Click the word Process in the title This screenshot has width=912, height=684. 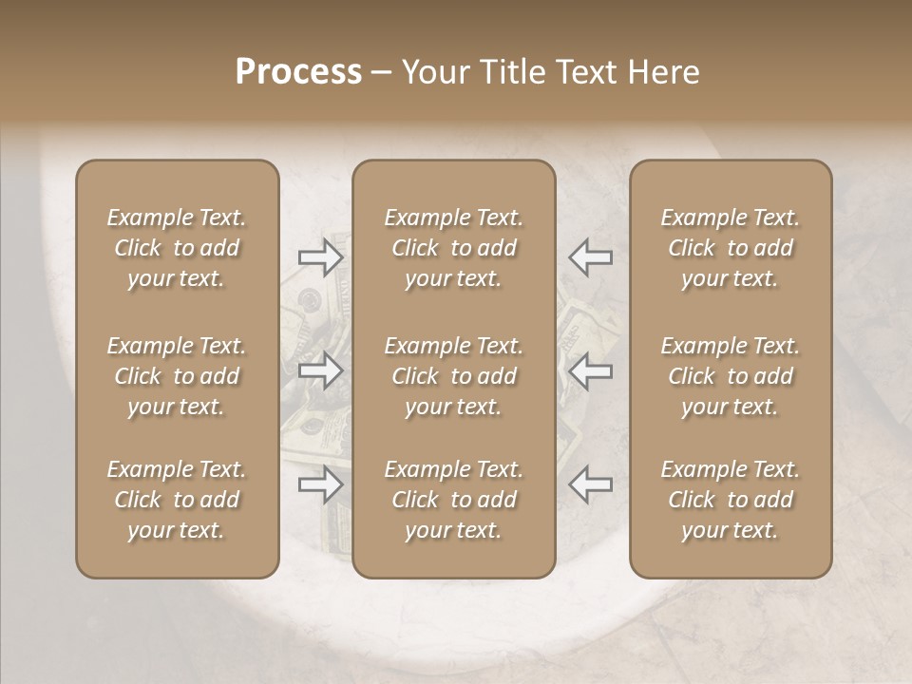298,72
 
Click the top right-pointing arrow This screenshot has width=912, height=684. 320,257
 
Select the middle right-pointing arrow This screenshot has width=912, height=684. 320,370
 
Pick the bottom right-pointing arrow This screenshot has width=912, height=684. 320,485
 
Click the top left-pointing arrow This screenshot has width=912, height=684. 590,257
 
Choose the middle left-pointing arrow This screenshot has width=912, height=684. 590,370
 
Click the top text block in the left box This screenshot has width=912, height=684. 177,248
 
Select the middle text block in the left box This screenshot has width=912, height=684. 177,376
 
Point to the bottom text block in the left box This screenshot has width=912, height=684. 177,500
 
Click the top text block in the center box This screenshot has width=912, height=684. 453,248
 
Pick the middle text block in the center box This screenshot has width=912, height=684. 453,376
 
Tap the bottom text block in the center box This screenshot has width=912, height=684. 453,500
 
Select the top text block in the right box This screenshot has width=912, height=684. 730,248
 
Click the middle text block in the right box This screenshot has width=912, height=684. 730,376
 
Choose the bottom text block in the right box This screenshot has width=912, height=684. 730,500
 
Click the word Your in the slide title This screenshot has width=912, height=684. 433,72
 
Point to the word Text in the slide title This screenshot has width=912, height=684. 588,72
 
